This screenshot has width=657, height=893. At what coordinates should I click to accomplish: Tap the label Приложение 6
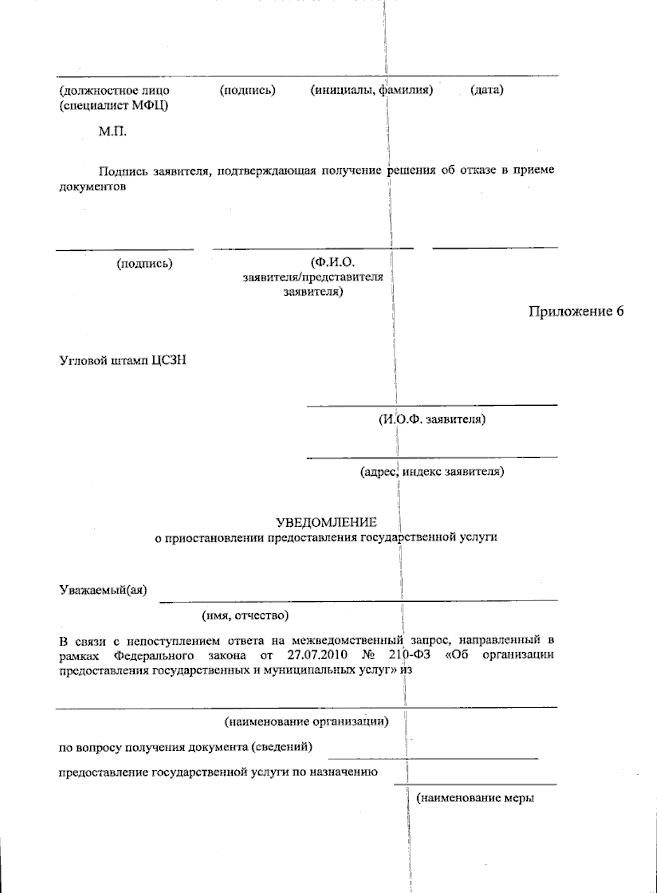point(576,312)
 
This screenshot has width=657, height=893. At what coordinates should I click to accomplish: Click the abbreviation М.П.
point(112,131)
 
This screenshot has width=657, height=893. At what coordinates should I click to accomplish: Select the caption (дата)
point(487,90)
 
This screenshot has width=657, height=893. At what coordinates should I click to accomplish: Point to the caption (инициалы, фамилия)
point(372,90)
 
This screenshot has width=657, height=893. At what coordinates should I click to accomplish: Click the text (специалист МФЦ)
point(114,105)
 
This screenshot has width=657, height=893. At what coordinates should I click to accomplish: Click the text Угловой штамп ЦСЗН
point(123,361)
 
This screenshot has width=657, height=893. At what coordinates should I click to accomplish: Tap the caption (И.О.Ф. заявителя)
point(431,419)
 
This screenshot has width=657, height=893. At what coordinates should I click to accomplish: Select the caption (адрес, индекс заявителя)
point(432,471)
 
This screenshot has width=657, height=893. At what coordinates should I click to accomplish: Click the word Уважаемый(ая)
point(103,590)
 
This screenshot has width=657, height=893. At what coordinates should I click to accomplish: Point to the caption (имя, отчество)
point(245,615)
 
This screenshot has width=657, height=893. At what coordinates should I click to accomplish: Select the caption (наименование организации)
point(307,722)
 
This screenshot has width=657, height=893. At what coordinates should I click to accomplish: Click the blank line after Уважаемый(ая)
point(358,601)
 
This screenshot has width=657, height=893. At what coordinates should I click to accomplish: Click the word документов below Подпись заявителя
point(93,186)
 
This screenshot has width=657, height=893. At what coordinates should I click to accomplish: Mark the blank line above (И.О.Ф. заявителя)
point(431,406)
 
